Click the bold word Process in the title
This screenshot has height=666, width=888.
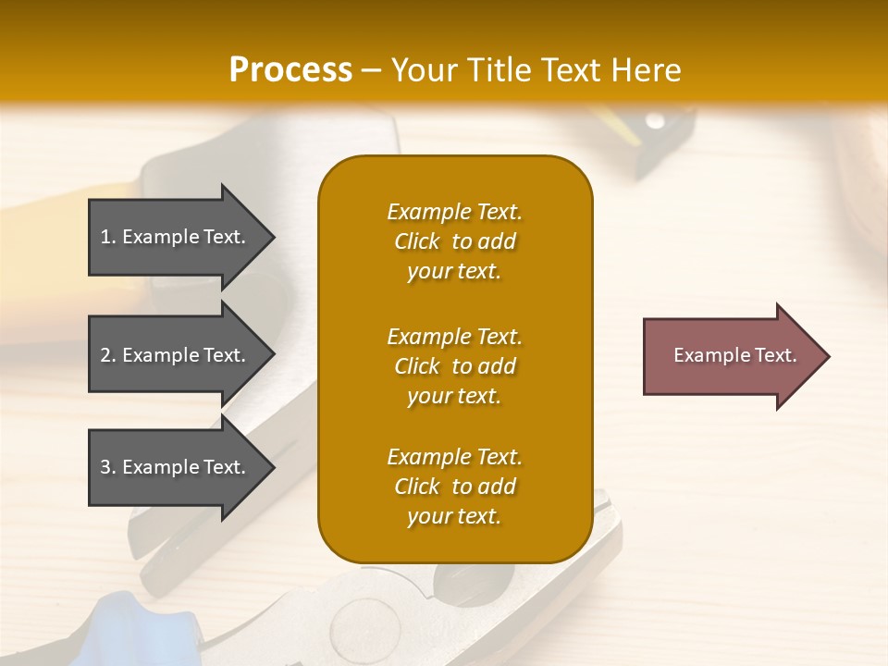tap(290, 70)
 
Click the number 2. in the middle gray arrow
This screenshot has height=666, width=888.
tap(108, 355)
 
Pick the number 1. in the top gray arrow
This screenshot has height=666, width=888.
tap(108, 237)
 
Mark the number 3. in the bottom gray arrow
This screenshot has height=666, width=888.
tap(108, 467)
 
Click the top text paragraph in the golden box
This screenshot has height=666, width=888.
tap(454, 241)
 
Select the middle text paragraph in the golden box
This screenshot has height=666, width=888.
tap(454, 365)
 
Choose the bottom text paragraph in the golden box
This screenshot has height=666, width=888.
tap(454, 487)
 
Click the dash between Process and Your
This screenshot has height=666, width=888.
tap(371, 71)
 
